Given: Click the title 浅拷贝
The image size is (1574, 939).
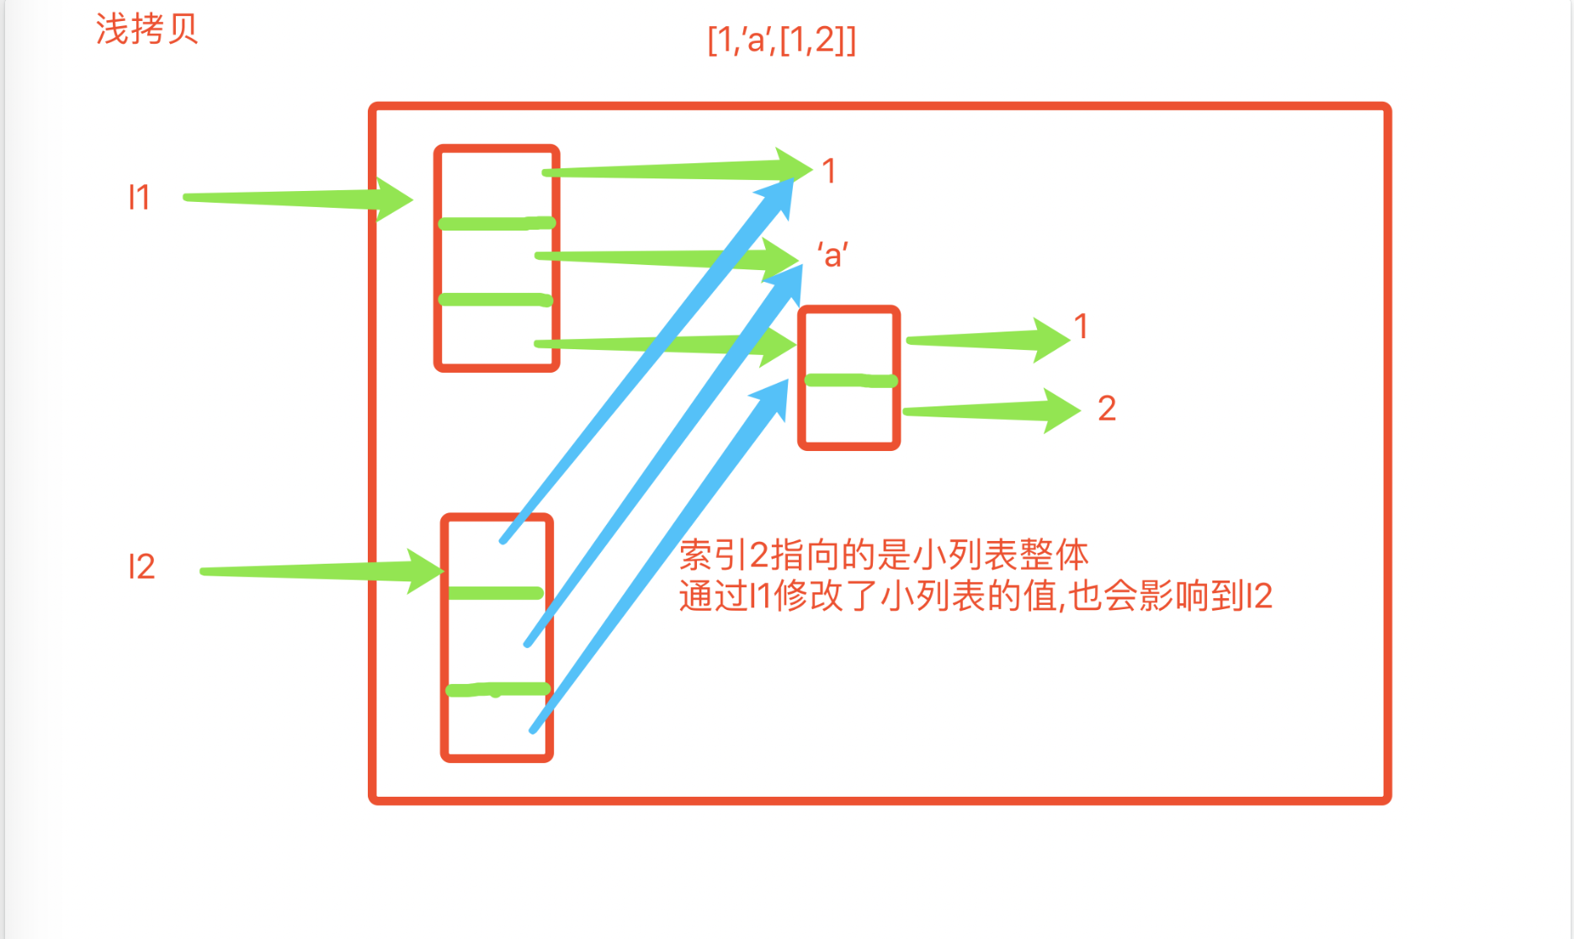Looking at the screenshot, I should coord(146,29).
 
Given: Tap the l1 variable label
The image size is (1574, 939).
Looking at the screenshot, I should coord(139,198).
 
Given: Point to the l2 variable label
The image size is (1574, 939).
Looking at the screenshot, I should coord(141,567).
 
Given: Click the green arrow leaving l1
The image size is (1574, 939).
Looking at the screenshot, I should coord(295,199).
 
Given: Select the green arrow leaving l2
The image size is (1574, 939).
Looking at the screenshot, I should coord(320,571).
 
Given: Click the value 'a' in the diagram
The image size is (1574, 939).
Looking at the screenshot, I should coord(832,254).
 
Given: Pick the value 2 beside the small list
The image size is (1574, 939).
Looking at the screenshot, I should coord(1107,409).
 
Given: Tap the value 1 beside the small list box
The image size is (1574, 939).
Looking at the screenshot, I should coord(1082,326).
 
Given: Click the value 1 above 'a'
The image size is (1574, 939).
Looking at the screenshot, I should coord(829,172).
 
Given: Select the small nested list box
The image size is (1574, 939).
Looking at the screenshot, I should coord(849,378).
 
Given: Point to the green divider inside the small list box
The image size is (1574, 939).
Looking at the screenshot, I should coord(850,381).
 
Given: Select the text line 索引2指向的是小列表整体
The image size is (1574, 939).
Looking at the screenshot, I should coord(884,555).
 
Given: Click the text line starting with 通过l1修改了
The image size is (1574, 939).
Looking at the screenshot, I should coord(975,597).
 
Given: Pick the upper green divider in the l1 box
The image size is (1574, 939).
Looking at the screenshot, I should coord(497,224).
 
